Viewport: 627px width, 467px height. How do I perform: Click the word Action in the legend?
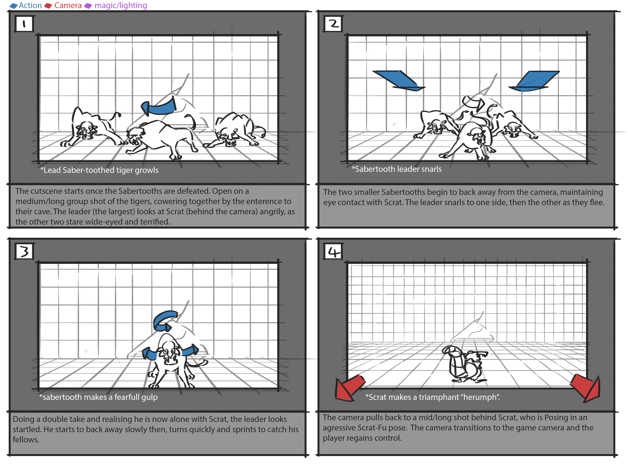(x=30, y=5)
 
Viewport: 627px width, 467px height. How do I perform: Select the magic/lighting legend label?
(x=121, y=5)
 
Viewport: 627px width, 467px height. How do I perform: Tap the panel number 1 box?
(x=24, y=24)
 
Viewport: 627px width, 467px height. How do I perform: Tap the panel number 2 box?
(x=333, y=24)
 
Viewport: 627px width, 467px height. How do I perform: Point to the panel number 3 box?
(x=24, y=251)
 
